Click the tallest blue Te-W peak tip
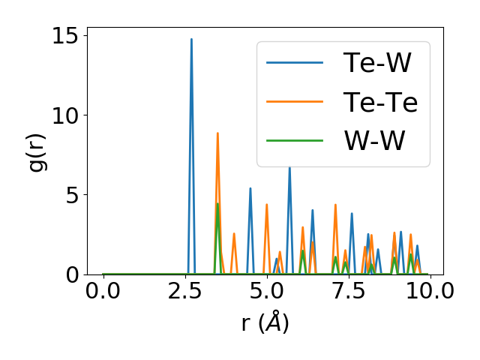click(191, 39)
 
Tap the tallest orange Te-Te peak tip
click(217, 133)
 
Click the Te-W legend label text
click(377, 63)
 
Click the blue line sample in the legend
click(295, 63)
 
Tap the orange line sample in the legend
click(295, 102)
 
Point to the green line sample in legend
click(295, 141)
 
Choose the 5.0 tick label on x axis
click(266, 292)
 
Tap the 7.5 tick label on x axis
click(348, 292)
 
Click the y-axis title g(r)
click(36, 154)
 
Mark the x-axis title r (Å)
click(265, 323)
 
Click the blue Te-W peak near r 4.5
click(250, 188)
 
